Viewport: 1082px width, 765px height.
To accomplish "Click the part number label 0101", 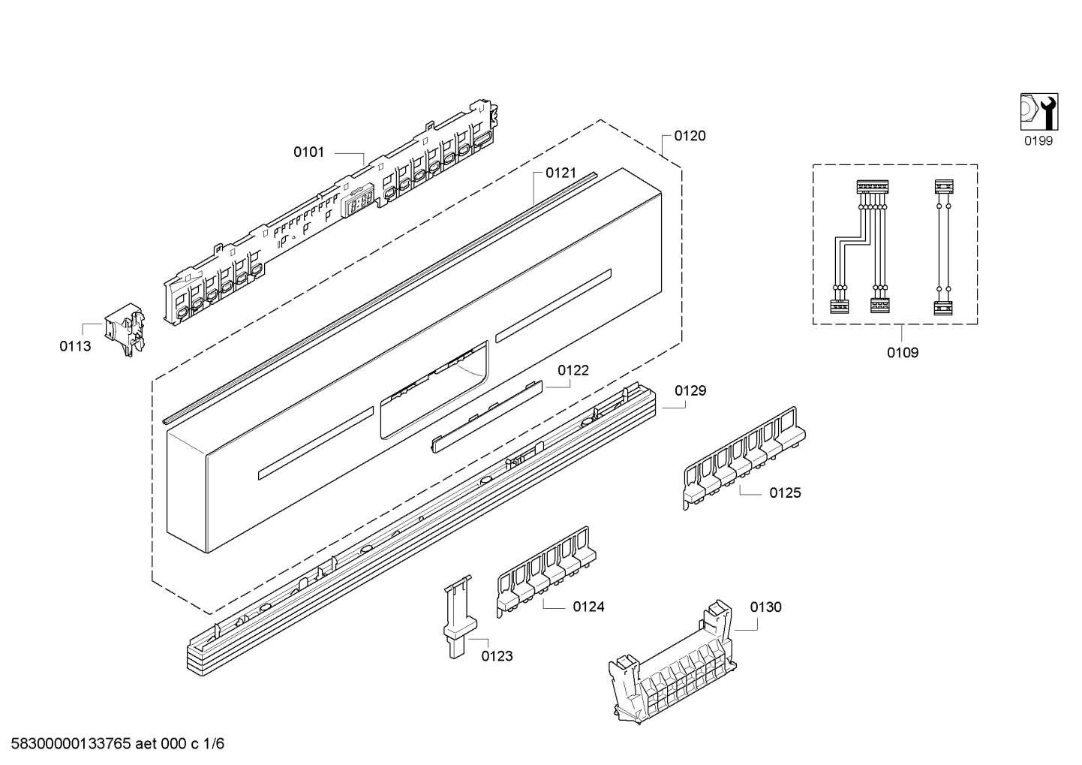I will (308, 152).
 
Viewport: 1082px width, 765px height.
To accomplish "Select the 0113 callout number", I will (75, 346).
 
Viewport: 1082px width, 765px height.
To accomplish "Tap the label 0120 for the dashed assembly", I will (690, 136).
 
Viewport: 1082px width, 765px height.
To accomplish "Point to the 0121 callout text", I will (561, 173).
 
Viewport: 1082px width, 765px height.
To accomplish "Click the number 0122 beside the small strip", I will (573, 370).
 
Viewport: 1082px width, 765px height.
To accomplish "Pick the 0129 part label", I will (690, 390).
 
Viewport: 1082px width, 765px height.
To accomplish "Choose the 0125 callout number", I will (785, 492).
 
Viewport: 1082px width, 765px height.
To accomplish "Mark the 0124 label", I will (588, 607).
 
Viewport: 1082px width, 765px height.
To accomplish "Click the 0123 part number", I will (497, 656).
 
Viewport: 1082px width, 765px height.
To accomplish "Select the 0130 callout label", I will (765, 607).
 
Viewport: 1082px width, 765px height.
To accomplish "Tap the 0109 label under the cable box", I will (902, 352).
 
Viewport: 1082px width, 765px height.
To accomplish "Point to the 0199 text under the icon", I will (1038, 140).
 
